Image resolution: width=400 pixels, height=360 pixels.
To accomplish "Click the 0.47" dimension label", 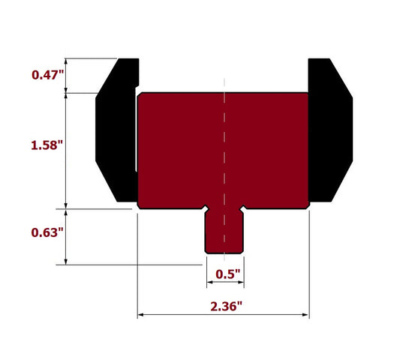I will pos(47,75).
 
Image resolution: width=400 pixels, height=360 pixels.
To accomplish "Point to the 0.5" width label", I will pos(225,274).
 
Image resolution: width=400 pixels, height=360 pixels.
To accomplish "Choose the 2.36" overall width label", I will pos(224,306).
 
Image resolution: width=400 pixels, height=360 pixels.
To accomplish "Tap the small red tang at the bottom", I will pos(224,232).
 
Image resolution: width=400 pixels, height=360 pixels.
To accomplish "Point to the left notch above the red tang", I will pos(206,207).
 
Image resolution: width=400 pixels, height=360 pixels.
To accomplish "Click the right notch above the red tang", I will pos(242,207).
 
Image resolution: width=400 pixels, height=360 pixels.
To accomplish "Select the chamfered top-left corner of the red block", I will pos(140,95).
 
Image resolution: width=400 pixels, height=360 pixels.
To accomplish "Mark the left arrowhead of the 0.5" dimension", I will pos(209,285).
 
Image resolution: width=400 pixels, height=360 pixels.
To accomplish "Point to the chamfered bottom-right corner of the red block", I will pos(307,205).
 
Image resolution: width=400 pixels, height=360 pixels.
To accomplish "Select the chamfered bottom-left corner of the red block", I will pos(140,205).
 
